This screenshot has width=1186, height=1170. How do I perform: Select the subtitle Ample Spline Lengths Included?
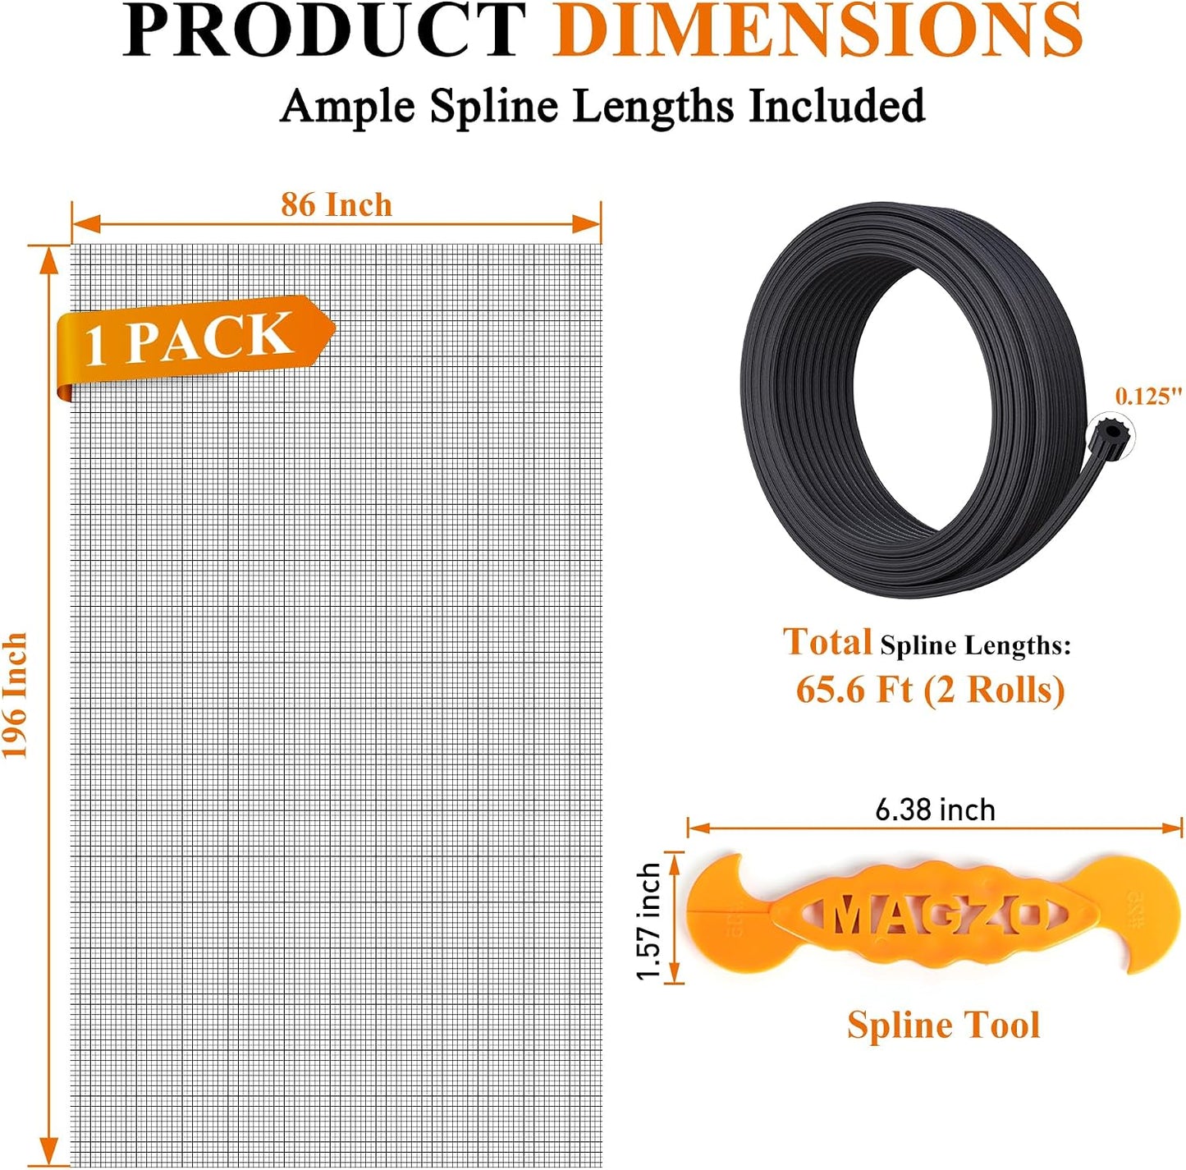coord(602,105)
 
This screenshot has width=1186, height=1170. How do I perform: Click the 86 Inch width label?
coord(337,204)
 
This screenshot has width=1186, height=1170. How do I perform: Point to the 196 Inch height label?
coord(16,695)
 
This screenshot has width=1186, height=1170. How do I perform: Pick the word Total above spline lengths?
coord(827,642)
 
